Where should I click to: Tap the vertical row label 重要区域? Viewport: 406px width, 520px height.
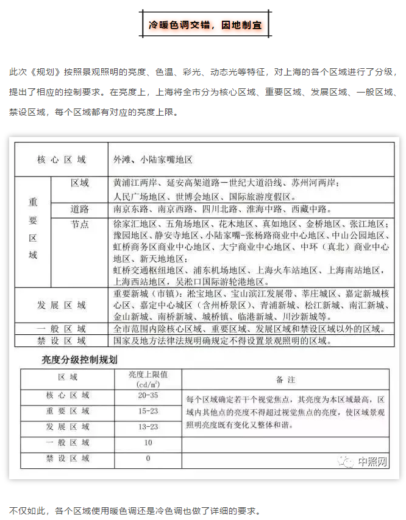point(33,228)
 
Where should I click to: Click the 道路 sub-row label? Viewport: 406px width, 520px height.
point(79,209)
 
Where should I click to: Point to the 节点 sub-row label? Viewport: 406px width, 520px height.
point(79,224)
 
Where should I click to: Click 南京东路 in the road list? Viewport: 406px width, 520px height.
point(130,209)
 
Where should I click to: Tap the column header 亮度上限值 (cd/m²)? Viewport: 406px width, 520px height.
point(148,379)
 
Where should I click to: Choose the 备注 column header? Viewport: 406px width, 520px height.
point(285,379)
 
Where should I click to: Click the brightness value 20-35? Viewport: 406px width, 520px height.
point(148,395)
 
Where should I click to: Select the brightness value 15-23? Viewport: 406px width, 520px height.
point(148,411)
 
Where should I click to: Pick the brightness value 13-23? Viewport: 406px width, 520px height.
point(148,427)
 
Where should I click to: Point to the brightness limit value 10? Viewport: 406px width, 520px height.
point(148,443)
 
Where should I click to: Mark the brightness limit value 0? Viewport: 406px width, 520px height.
point(148,458)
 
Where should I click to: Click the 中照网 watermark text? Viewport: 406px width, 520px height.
point(372,462)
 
